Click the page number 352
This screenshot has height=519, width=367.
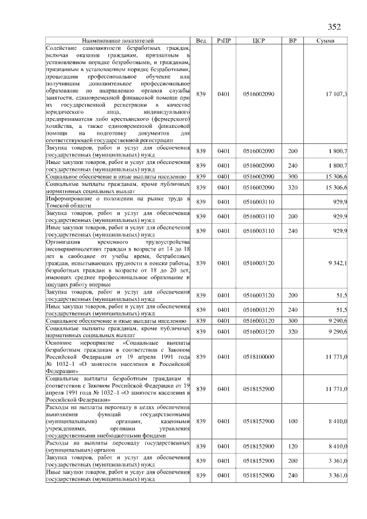(334, 26)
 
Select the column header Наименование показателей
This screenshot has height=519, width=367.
(118, 41)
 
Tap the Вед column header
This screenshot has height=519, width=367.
(201, 41)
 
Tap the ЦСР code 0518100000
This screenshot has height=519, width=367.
(259, 357)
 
